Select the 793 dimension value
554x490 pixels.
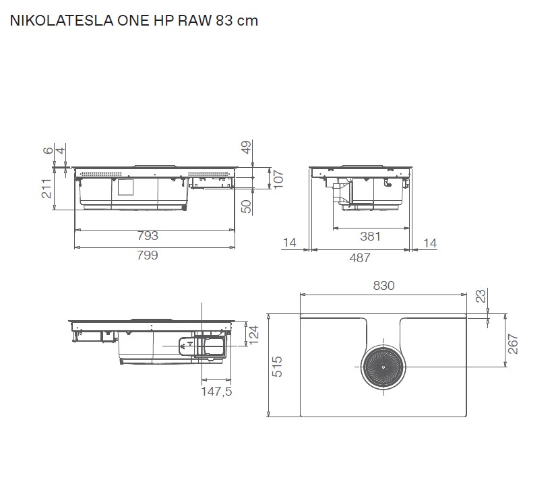147,236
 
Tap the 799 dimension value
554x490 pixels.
147,255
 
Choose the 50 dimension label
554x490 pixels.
246,206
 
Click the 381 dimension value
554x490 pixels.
370,236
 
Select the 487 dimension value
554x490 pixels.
359,257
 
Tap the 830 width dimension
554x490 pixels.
383,285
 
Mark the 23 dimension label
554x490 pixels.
480,296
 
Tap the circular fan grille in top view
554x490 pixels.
381,367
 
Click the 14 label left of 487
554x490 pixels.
289,243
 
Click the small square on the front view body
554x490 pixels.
126,187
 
